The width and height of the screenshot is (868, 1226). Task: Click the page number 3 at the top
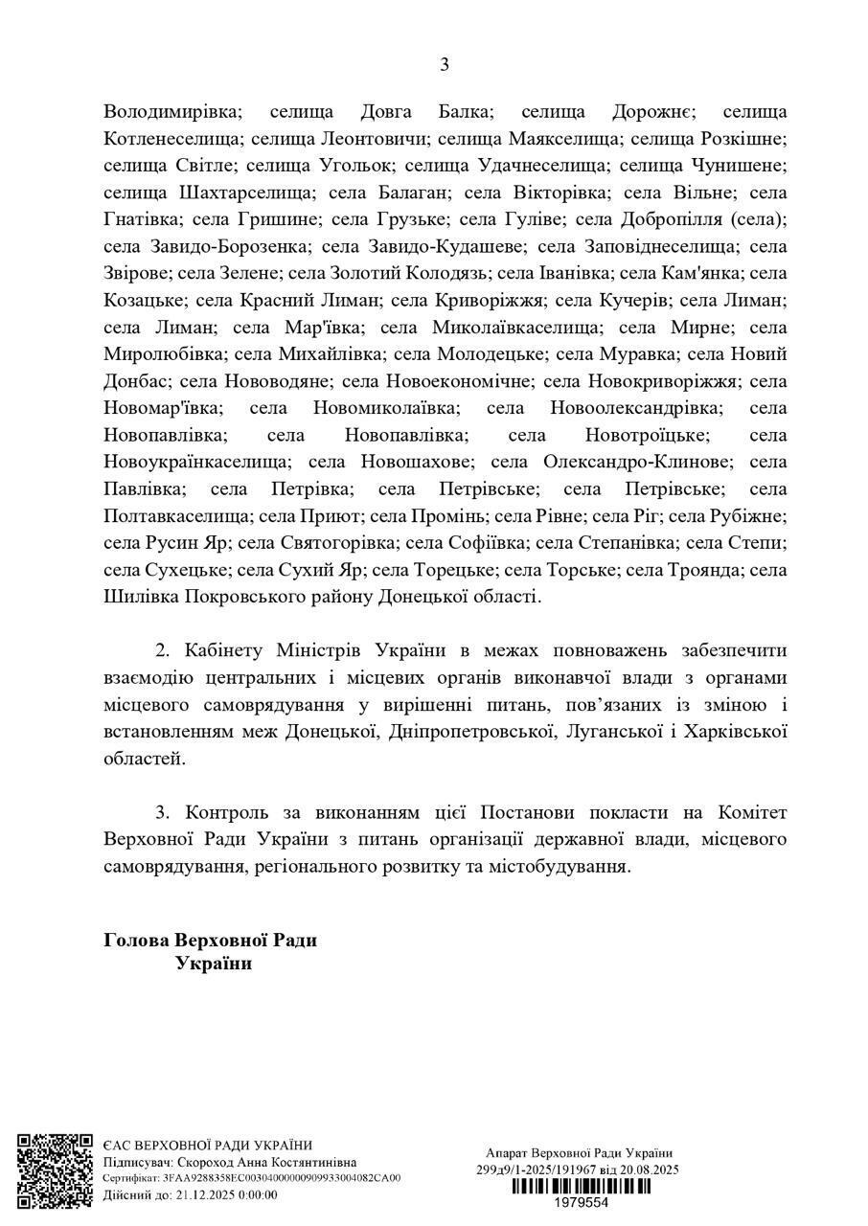pos(444,65)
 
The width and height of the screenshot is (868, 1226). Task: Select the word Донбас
pos(135,380)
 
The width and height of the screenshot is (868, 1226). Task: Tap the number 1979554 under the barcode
pos(582,1201)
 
